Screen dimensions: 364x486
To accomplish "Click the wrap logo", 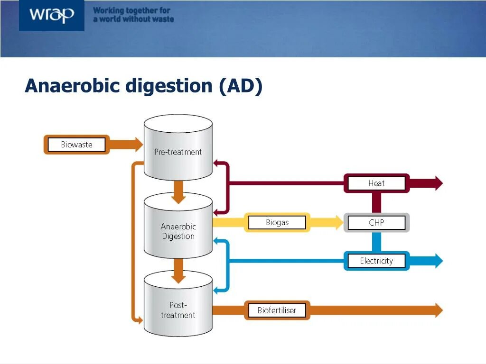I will pyautogui.click(x=51, y=15).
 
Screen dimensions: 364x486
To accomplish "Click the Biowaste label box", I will pyautogui.click(x=76, y=145).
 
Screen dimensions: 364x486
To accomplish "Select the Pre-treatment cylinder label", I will pyautogui.click(x=178, y=152).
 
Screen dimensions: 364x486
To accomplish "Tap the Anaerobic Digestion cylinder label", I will pyautogui.click(x=178, y=231).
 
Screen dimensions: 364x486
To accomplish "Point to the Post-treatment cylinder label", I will pyautogui.click(x=178, y=310).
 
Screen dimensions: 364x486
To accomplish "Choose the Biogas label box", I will pyautogui.click(x=277, y=222).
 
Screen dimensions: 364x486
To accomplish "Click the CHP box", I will pyautogui.click(x=376, y=223).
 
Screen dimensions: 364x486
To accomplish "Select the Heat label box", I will pyautogui.click(x=376, y=183).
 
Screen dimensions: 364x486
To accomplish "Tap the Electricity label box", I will pyautogui.click(x=376, y=261).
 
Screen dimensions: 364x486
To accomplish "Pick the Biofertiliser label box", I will pyautogui.click(x=277, y=310).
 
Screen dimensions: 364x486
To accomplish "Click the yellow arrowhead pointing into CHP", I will pyautogui.click(x=337, y=222).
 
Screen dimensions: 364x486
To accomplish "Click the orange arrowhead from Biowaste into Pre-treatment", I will pyautogui.click(x=137, y=145).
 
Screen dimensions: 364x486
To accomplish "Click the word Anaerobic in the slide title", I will pyautogui.click(x=73, y=86).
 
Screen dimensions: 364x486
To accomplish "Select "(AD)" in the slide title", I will pyautogui.click(x=240, y=86).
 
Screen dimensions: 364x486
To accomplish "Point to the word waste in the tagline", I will pyautogui.click(x=161, y=19).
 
